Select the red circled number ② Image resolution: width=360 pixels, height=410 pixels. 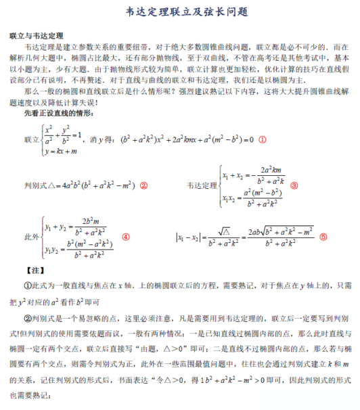tap(143, 185)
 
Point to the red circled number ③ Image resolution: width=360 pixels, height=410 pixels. tap(294, 185)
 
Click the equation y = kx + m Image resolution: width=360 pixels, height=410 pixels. tap(63, 152)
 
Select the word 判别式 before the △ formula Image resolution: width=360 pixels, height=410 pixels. tap(34, 185)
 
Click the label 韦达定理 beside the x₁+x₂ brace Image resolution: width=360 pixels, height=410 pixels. tap(203, 185)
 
